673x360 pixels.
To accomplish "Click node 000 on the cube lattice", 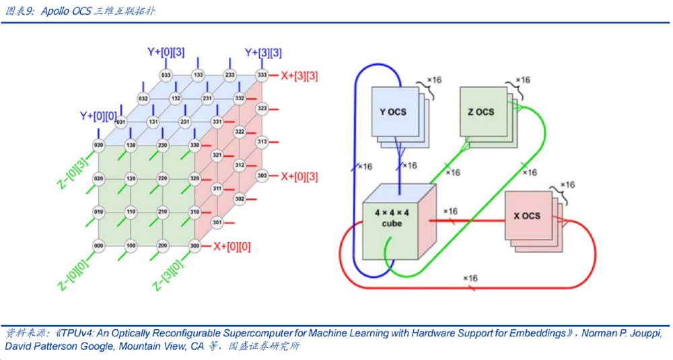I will pyautogui.click(x=99, y=246).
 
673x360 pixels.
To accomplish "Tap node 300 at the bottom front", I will pyautogui.click(x=194, y=246).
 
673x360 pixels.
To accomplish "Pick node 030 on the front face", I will pyautogui.click(x=99, y=145).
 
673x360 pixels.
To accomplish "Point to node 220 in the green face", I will pyautogui.click(x=163, y=179).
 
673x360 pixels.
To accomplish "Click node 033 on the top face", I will pyautogui.click(x=166, y=75).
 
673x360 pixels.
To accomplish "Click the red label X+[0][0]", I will pyautogui.click(x=232, y=246).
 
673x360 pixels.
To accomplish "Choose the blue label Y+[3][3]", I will pyautogui.click(x=263, y=52).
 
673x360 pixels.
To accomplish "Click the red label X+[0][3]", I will pyautogui.click(x=299, y=176).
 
